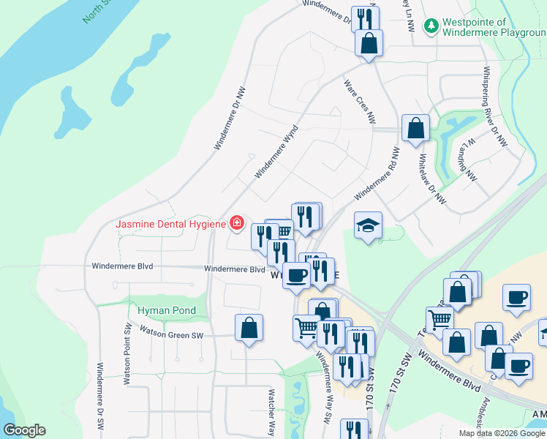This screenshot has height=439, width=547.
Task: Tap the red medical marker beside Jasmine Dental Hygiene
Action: [236, 222]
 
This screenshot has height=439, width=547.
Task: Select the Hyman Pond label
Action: [167, 310]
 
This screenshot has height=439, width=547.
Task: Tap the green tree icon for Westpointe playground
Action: [431, 26]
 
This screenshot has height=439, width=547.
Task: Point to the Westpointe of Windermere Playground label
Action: [494, 28]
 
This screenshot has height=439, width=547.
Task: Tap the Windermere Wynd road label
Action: [278, 151]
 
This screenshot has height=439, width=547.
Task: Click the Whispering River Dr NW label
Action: [494, 107]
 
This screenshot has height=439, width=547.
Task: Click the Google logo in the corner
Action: [24, 430]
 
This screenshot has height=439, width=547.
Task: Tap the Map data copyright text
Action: [502, 433]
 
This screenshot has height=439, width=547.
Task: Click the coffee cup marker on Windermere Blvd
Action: [295, 275]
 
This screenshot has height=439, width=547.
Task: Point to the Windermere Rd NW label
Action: [377, 175]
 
